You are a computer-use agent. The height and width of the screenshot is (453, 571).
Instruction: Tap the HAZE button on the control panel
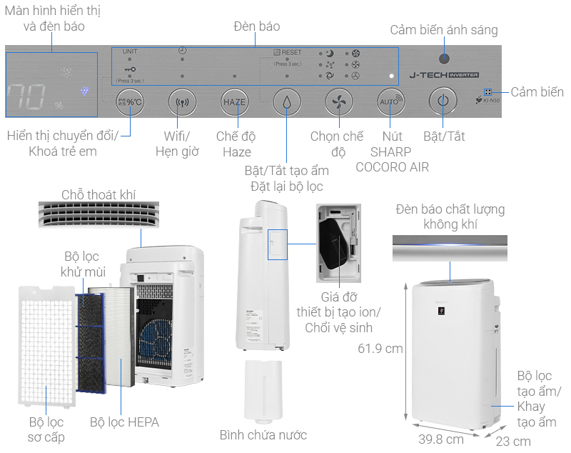coord(234,101)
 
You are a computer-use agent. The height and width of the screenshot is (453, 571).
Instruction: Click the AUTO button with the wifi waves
coord(389,101)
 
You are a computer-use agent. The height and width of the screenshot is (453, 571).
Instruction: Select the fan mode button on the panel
coord(338,101)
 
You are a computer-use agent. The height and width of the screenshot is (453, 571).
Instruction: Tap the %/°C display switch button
coord(131,101)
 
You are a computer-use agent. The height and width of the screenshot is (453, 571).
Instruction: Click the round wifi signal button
coord(182,101)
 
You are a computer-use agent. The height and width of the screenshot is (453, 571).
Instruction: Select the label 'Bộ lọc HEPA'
coord(124,422)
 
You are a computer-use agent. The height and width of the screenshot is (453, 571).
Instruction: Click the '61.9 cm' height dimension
coord(380,349)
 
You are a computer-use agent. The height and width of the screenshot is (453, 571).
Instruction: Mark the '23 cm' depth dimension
coord(513,441)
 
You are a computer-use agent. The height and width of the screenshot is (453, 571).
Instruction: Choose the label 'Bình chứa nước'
coord(263,434)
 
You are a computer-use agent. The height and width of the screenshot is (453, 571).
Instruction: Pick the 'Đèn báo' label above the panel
coord(256,26)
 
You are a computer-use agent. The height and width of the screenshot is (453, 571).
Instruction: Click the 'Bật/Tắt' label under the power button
coord(444,136)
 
